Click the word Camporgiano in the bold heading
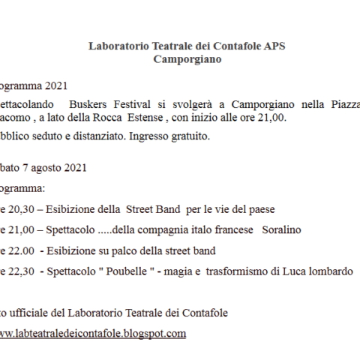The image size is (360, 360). tap(187, 59)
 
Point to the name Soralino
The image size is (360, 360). tap(281, 229)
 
